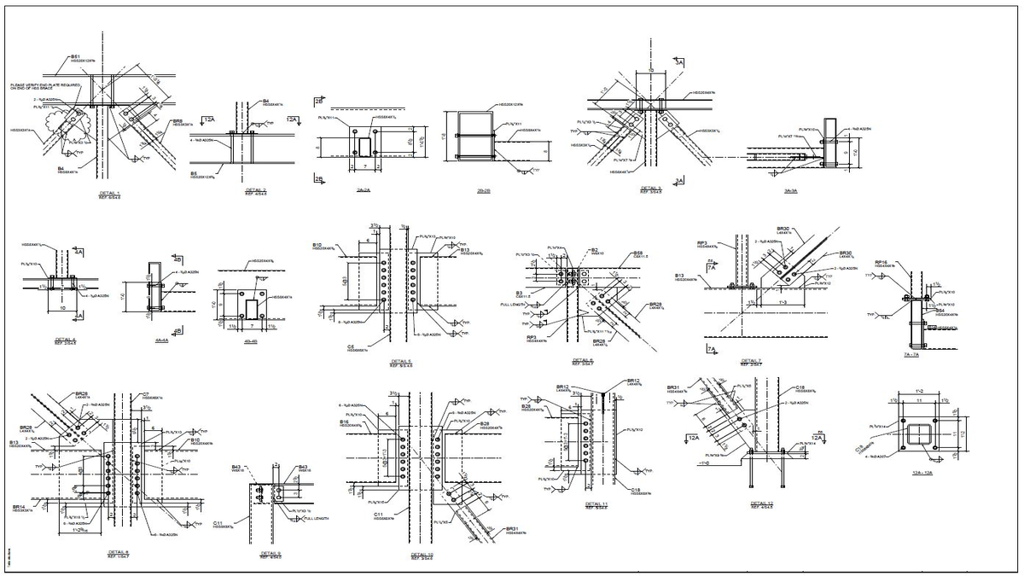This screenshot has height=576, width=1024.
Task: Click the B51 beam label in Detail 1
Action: pos(75,56)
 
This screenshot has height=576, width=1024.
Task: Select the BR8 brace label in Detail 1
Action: pos(177,121)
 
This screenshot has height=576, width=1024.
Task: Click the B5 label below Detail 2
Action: pos(194,172)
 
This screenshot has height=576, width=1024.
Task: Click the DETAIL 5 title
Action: pos(401,361)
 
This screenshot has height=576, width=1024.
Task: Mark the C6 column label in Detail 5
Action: pos(351,346)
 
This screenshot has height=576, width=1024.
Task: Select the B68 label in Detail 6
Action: pos(637,253)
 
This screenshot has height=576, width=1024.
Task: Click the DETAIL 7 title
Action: pos(751,360)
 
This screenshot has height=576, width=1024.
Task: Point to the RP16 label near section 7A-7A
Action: pos(882,262)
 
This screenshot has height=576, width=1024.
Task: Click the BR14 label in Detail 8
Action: pos(18,507)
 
